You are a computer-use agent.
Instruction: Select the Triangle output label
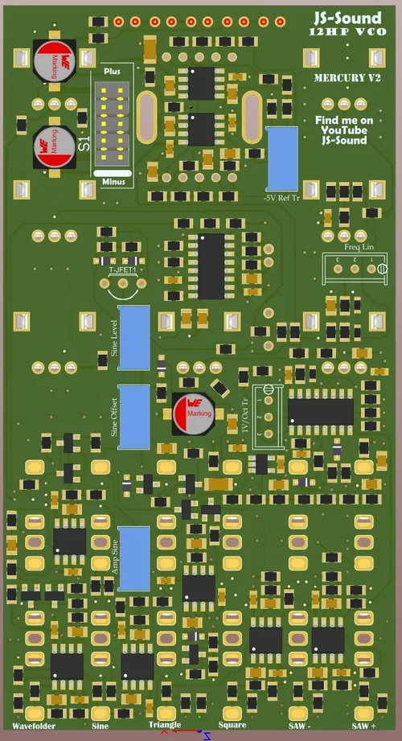165,726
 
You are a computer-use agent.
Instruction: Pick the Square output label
232,726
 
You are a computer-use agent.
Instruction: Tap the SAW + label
363,726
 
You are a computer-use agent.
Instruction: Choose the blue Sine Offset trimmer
133,416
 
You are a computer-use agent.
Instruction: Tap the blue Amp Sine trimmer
133,558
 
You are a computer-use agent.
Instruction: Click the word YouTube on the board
344,130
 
